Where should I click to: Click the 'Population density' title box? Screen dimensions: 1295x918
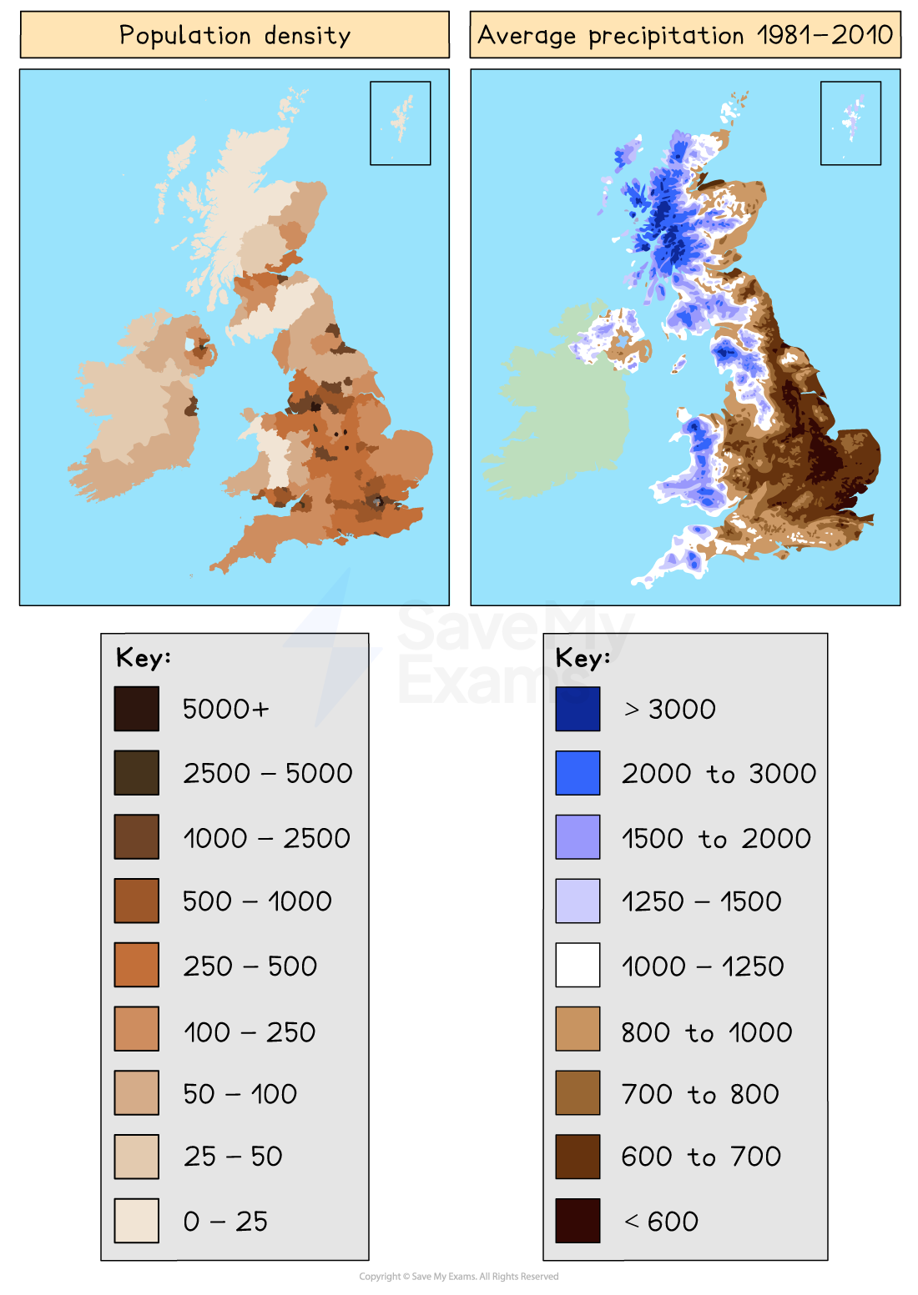coord(235,35)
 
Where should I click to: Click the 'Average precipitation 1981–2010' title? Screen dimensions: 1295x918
coord(685,35)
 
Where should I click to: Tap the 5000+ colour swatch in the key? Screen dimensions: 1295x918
coord(137,709)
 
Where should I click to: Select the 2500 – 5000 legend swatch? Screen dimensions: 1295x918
coord(137,773)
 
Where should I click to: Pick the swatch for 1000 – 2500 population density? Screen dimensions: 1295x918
coord(137,837)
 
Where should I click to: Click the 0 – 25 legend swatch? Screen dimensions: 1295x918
coord(137,1221)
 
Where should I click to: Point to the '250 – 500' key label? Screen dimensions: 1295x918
coord(250,966)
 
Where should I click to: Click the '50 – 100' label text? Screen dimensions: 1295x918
coord(240,1093)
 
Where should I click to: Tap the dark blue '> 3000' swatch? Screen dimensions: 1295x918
coord(578,709)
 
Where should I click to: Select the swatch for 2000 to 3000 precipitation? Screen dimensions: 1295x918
coord(578,773)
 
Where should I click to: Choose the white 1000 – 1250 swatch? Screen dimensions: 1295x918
coord(578,965)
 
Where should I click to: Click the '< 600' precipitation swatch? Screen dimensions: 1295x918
coord(578,1221)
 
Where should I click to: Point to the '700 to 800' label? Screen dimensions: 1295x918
coord(700,1093)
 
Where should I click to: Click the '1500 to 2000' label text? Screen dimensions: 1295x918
coord(716,838)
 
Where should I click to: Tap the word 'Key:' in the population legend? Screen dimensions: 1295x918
coord(144,657)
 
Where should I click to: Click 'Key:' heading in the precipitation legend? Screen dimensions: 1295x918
coord(583,658)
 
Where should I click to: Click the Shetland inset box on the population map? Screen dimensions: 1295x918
coord(401,123)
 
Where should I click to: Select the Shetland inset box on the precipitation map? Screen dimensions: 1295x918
coord(851,123)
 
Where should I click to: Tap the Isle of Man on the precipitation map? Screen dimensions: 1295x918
coord(678,364)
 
